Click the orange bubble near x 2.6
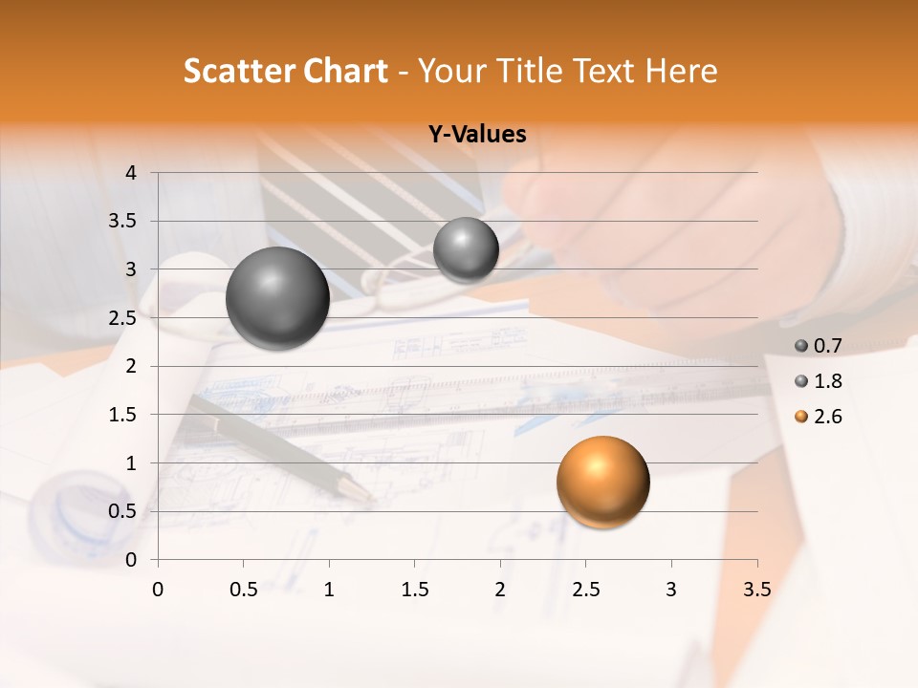[602, 482]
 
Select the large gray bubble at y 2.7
[277, 298]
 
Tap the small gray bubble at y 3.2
[466, 250]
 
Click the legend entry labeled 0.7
[819, 346]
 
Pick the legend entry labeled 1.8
[819, 381]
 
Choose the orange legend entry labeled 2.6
[819, 417]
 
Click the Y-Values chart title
[476, 135]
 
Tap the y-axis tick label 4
[131, 173]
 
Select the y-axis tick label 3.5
[123, 222]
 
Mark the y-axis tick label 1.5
[123, 415]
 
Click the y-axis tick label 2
[131, 366]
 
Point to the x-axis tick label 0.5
[243, 590]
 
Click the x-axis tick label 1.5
[414, 590]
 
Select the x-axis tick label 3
[670, 590]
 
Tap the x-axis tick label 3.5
[756, 590]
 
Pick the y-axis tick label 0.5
[123, 511]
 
